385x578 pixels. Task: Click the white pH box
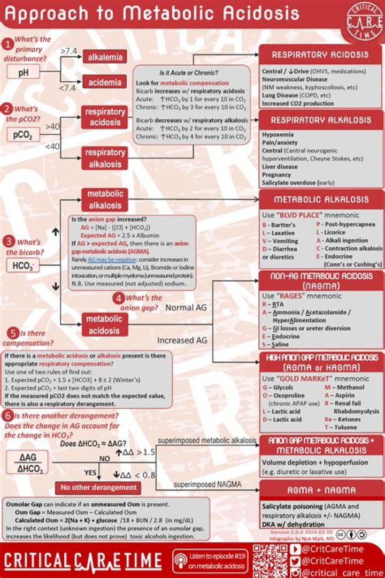tap(24, 72)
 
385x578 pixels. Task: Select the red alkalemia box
tap(104, 57)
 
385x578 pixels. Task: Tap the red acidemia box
tap(104, 81)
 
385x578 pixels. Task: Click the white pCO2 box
tap(24, 135)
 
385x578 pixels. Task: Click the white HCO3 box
tap(23, 265)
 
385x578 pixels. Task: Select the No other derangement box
tap(98, 488)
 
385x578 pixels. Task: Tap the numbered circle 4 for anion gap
tap(119, 299)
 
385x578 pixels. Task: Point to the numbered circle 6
tap(7, 416)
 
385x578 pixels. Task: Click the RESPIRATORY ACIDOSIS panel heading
tap(320, 55)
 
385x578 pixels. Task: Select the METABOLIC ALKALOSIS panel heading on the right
tap(321, 200)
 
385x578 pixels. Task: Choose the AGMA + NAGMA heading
tap(321, 490)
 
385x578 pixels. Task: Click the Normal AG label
tap(186, 308)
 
